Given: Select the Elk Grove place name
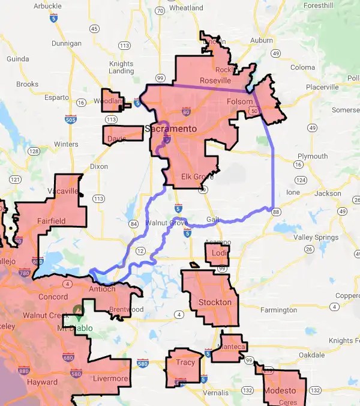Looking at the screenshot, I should (197, 177).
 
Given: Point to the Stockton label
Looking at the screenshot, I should (214, 302).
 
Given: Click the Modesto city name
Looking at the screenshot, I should (279, 390).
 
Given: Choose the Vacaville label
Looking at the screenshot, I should (63, 191).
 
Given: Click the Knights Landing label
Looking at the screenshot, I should (121, 67).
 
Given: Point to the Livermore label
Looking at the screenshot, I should (110, 379).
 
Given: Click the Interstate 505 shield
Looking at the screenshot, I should (70, 120).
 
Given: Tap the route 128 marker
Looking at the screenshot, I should (34, 151).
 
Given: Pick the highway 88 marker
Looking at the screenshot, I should (275, 212).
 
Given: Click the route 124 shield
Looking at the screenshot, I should (301, 180).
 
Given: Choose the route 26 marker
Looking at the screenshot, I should (308, 249).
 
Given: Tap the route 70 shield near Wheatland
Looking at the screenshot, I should (160, 11).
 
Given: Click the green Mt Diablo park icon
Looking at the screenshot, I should (77, 310).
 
